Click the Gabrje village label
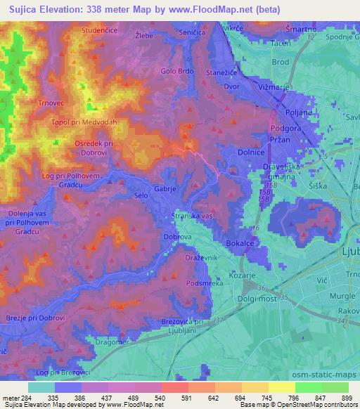[x=165, y=188]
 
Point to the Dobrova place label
[x=179, y=238]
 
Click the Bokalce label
[x=240, y=242]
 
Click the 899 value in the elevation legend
[x=343, y=398]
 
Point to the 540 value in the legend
[x=161, y=398]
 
